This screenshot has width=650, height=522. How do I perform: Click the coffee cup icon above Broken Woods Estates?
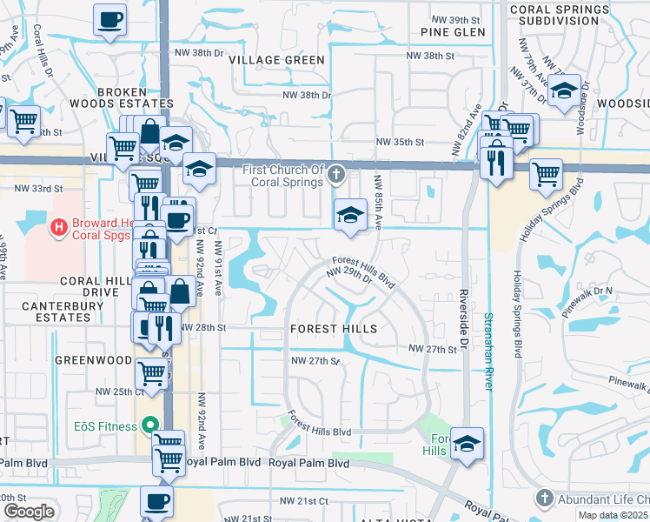pos(109,19)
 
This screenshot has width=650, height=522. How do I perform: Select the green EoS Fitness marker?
pos(150,426)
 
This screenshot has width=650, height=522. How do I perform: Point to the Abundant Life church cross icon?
pos(545,499)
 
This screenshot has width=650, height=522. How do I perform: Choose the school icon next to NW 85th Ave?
pos(349,215)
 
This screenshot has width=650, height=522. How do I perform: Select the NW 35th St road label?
pos(399,142)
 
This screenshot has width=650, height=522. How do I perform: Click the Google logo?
pos(29,511)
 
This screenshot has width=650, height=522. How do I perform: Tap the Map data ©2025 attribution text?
pos(614,516)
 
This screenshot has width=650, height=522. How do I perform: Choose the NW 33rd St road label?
pos(38,188)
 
